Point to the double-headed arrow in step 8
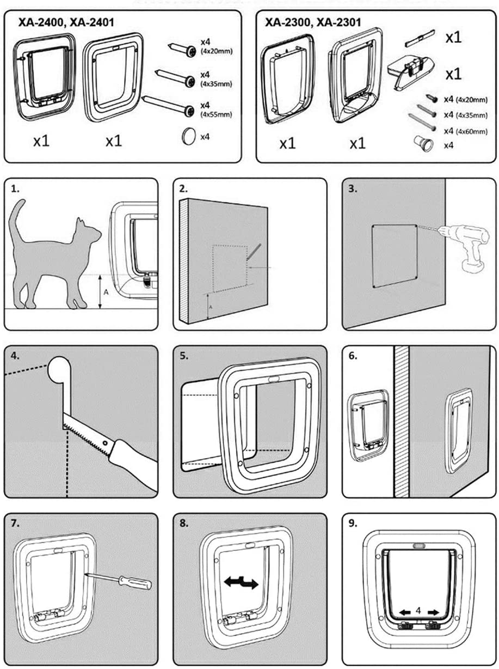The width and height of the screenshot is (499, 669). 241,583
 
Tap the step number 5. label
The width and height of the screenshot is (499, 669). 184,356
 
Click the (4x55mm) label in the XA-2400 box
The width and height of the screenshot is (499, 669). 208,114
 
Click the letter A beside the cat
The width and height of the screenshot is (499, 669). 106,293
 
